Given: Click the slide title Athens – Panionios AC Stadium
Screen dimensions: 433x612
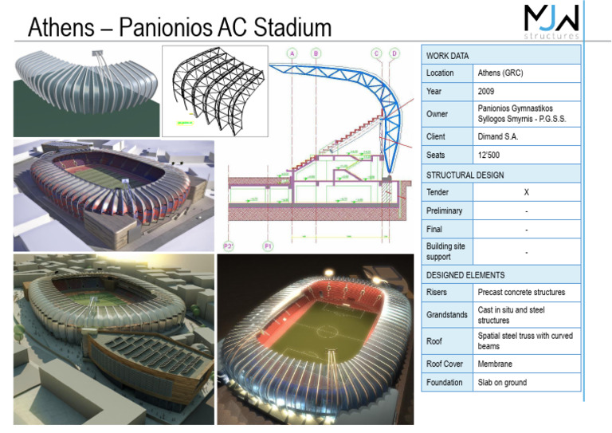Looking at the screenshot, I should point(179,28).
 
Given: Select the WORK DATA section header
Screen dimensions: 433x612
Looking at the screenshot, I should point(448,55).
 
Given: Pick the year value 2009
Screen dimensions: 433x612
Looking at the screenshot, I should point(487,92).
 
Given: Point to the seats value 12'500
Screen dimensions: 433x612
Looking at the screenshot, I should point(490,155).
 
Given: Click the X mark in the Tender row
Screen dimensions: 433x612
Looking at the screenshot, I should point(526,192).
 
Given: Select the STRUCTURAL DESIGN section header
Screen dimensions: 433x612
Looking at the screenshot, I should point(465,174).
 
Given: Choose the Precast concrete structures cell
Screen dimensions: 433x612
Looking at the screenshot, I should point(521,293).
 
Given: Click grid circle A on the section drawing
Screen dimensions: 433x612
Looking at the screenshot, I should point(292,53).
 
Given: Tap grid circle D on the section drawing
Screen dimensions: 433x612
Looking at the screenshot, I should point(394,53).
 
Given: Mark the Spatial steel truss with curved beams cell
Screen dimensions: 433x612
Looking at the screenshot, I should point(525,341).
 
